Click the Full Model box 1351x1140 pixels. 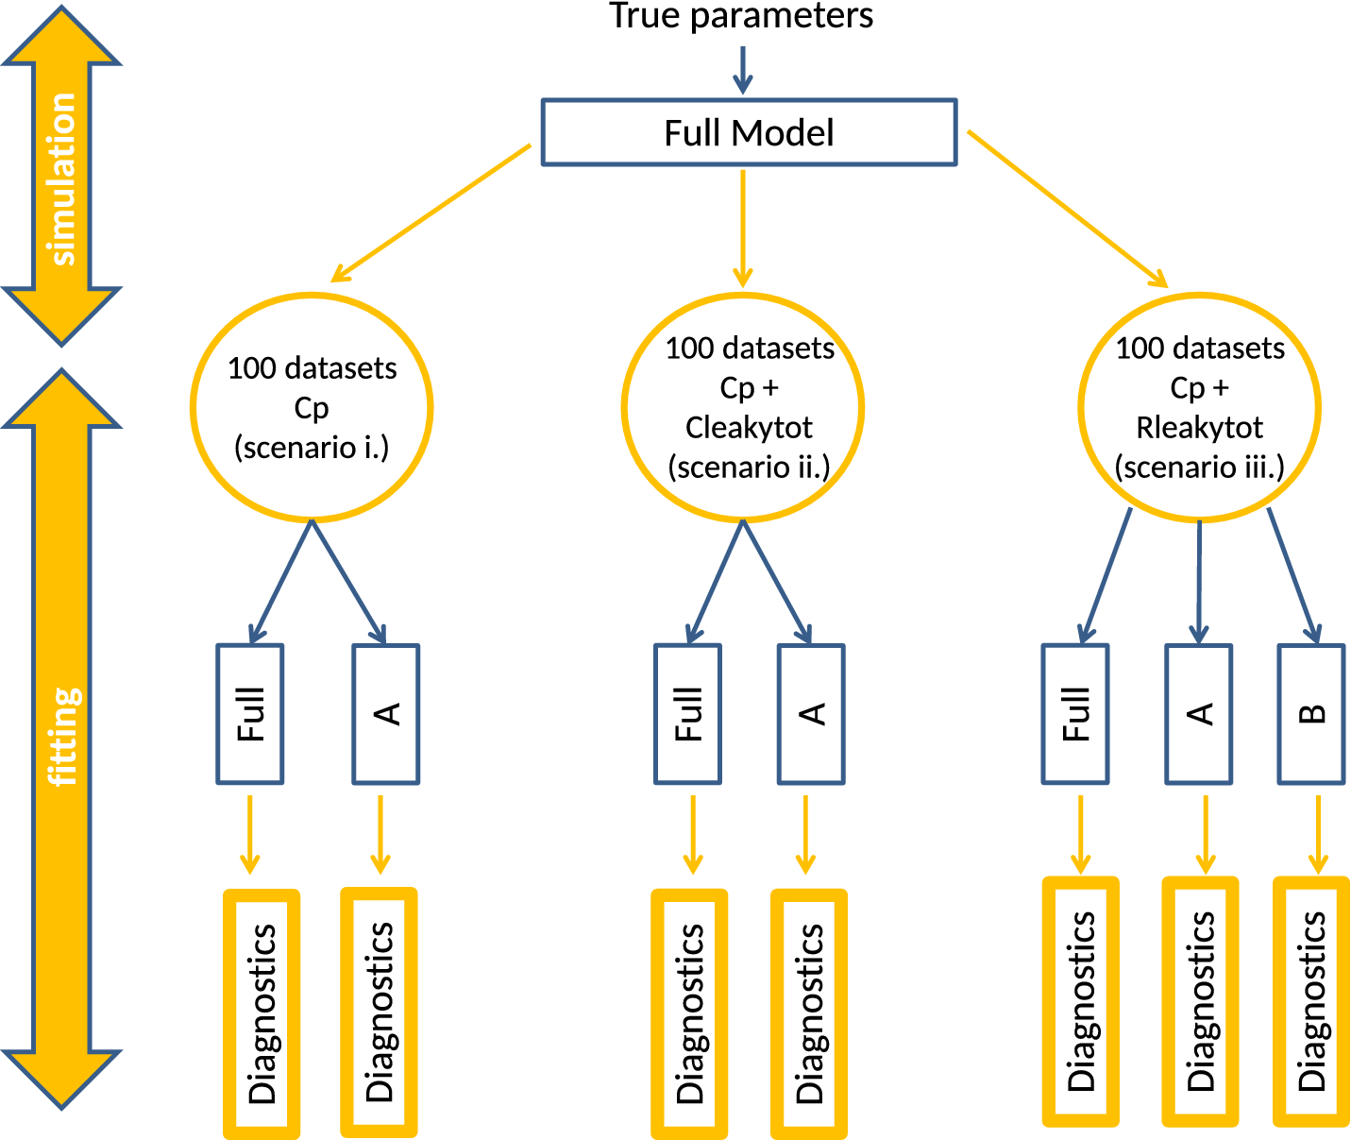point(749,132)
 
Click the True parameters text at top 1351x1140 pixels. point(741,16)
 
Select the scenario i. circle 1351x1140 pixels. point(312,407)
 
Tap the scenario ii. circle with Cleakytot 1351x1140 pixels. point(743,407)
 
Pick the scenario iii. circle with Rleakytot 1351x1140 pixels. point(1199,407)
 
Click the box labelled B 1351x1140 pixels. point(1311,714)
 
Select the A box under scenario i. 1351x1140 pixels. point(385,714)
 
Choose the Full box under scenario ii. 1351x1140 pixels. point(688,714)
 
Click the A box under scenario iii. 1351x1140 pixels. point(1199,714)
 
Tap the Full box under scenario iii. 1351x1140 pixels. point(1075,714)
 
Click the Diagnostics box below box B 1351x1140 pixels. point(1311,1001)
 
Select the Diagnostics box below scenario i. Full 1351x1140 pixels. point(262,1013)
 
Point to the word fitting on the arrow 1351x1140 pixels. point(63,737)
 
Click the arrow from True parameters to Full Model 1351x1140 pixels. point(743,71)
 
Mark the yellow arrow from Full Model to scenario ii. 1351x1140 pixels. point(743,227)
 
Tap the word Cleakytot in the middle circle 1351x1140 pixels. point(749,428)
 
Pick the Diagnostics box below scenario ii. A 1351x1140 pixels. point(809,1013)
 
